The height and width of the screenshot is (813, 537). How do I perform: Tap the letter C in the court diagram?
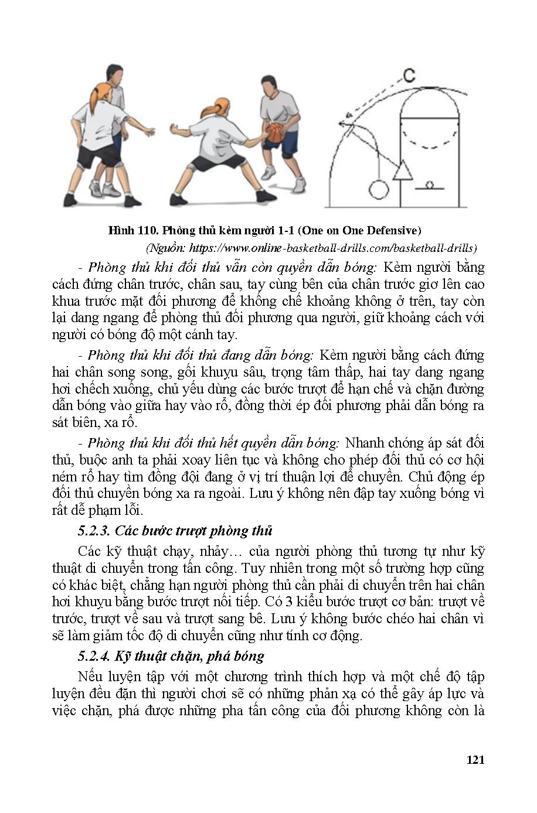pyautogui.click(x=409, y=75)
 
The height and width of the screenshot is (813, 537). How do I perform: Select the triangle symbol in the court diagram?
pyautogui.click(x=402, y=170)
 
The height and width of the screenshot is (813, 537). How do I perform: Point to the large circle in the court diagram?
pyautogui.click(x=378, y=189)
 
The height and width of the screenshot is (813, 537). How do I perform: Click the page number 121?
pyautogui.click(x=475, y=760)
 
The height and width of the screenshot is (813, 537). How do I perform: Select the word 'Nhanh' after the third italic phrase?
pyautogui.click(x=365, y=443)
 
